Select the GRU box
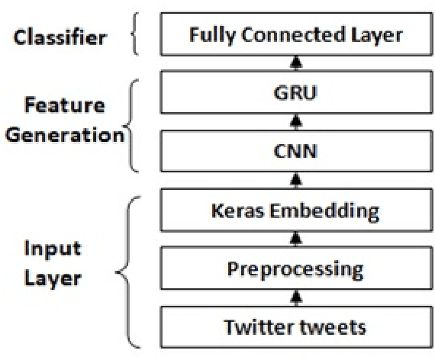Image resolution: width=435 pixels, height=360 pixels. [x=295, y=96]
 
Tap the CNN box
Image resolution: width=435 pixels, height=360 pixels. [x=295, y=153]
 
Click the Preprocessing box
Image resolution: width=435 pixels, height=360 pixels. [x=295, y=269]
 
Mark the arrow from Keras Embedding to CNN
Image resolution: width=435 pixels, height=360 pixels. [x=296, y=182]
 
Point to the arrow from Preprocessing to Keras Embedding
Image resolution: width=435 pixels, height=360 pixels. [x=296, y=239]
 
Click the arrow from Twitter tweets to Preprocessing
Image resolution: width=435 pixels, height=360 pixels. [x=296, y=298]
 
